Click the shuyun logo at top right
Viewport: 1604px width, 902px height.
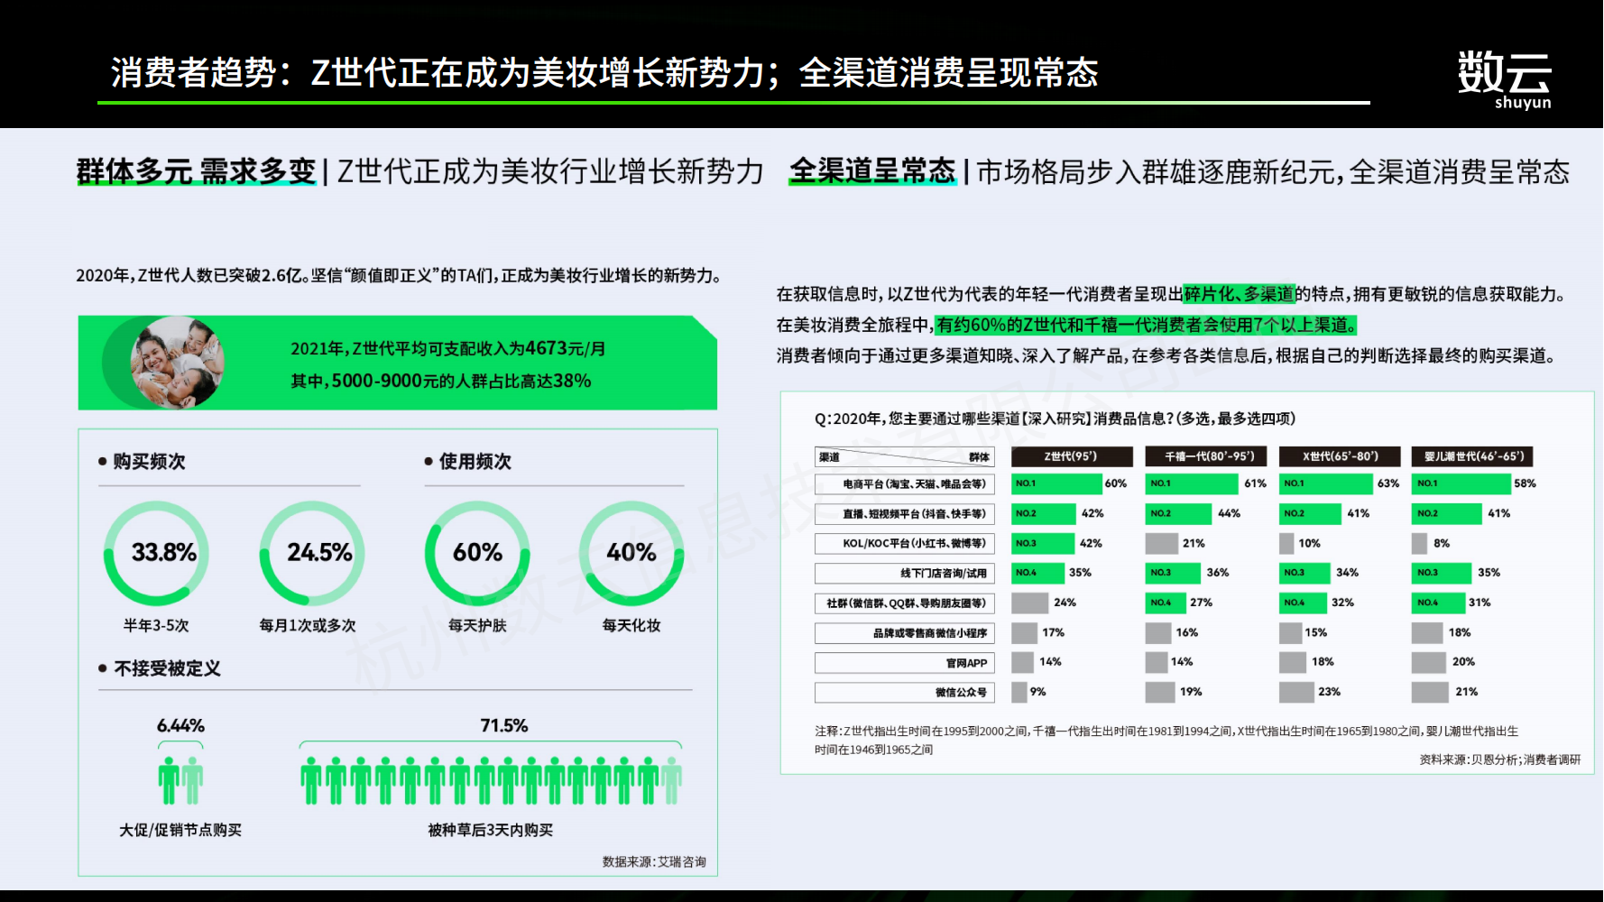click(x=1504, y=79)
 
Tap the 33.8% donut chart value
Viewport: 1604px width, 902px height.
click(x=164, y=552)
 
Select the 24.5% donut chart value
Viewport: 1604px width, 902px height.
click(x=319, y=552)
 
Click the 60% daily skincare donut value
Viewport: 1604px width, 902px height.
click(x=477, y=552)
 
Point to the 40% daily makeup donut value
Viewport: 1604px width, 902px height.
click(x=631, y=552)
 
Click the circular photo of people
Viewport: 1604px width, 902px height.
click(x=177, y=362)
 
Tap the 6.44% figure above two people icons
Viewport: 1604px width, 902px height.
click(x=180, y=725)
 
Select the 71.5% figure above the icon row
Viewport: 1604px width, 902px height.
click(x=504, y=725)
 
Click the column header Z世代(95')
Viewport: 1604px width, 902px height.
click(x=1072, y=456)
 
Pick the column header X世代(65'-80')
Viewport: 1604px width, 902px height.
click(x=1341, y=456)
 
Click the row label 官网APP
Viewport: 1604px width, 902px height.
click(x=967, y=663)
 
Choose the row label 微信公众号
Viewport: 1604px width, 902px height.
click(x=961, y=693)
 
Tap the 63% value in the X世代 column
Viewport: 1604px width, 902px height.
click(x=1388, y=483)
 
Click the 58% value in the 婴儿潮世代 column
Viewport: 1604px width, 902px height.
click(x=1525, y=483)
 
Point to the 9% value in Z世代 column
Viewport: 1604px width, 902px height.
click(x=1038, y=692)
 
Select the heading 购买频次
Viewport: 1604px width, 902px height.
click(x=149, y=461)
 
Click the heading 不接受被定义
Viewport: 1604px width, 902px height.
click(x=167, y=668)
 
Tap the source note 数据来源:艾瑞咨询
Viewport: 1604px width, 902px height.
click(x=654, y=861)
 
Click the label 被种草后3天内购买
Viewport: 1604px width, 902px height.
click(x=491, y=830)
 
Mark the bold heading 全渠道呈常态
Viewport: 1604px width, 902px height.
click(x=872, y=170)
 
